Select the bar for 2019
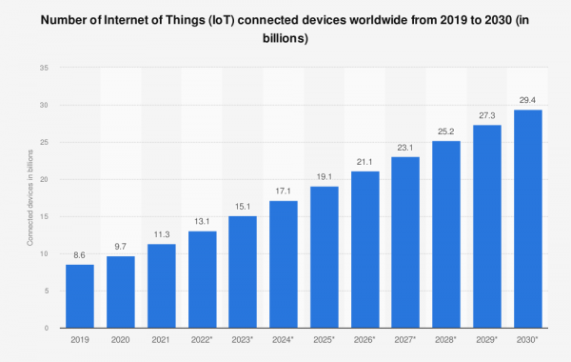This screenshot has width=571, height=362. [x=80, y=296]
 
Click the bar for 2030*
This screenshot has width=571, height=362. [x=528, y=219]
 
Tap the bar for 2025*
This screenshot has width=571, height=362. [x=325, y=257]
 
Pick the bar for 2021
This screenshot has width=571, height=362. [x=161, y=286]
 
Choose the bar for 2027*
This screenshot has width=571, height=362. [x=406, y=242]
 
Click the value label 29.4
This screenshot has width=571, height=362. [x=528, y=100]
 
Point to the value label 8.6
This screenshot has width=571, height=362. [x=80, y=255]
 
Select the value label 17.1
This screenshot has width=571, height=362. [x=284, y=191]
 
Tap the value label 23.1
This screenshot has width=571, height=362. [x=406, y=147]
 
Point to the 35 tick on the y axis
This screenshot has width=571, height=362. [x=46, y=68]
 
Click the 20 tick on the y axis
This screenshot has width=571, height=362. [x=46, y=179]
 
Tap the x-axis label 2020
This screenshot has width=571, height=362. [x=121, y=339]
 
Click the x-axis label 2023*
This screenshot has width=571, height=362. [x=244, y=339]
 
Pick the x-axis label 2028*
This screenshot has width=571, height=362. [x=447, y=339]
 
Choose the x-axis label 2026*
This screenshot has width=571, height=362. [x=365, y=339]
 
